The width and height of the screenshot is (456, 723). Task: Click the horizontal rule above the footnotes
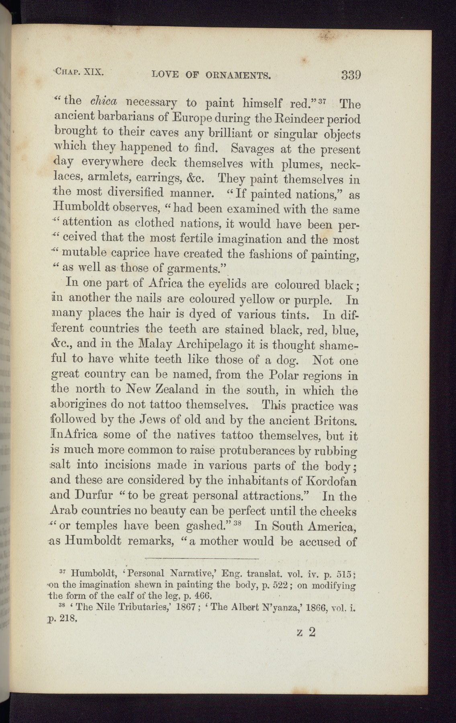(202, 558)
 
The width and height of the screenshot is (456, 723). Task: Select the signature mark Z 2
(306, 632)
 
